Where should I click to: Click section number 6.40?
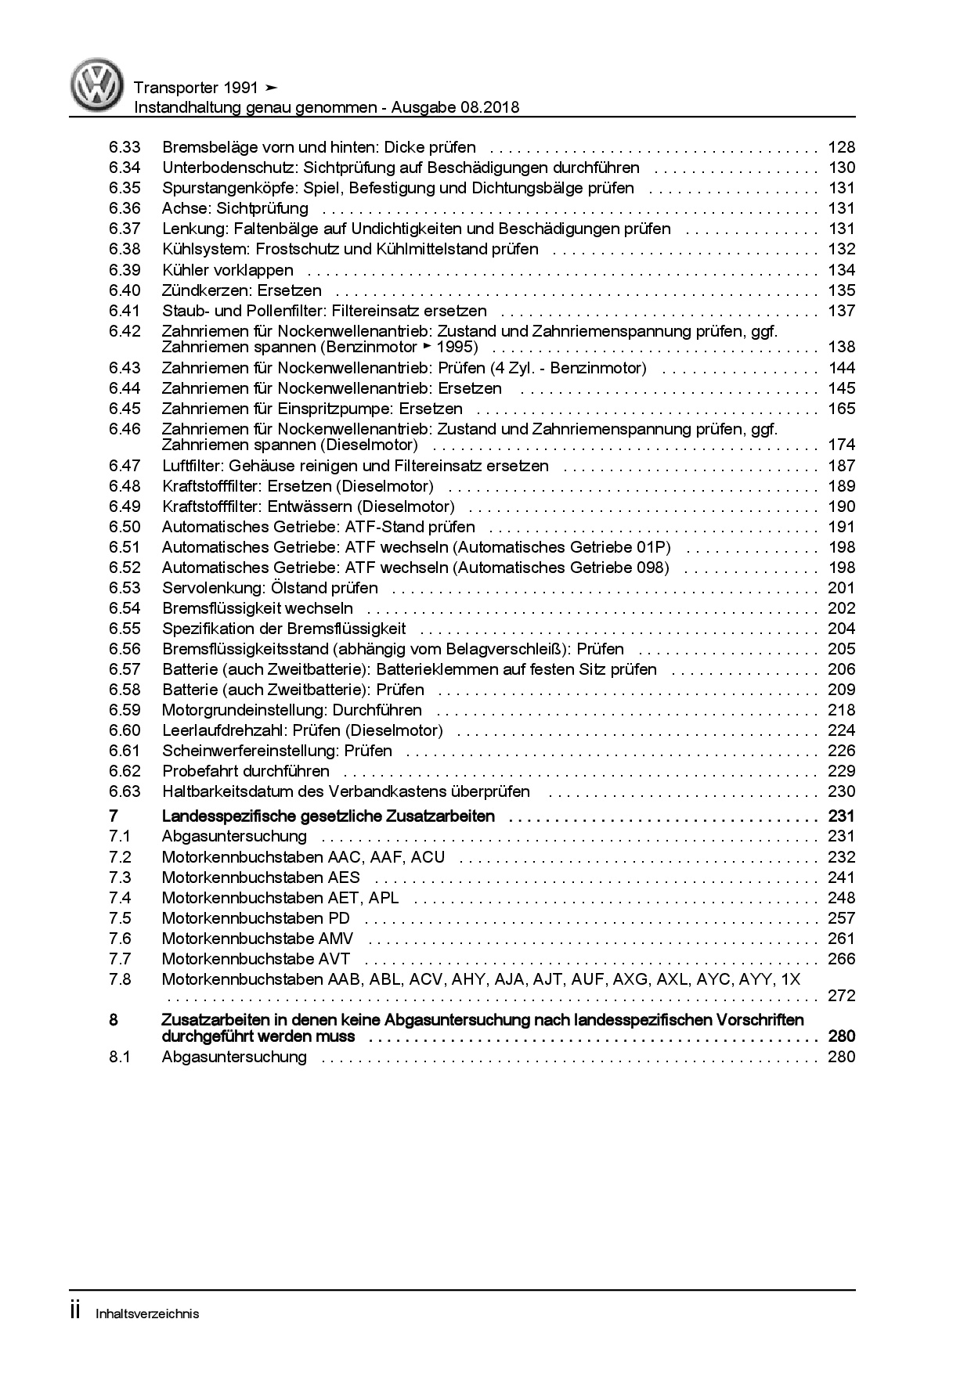tap(125, 290)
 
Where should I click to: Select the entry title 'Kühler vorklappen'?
tap(227, 270)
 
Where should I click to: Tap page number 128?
tap(841, 147)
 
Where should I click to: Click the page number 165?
tap(841, 409)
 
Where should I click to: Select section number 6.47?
tap(125, 466)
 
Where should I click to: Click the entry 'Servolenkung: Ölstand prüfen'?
tap(269, 588)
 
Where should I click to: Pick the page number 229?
tap(841, 771)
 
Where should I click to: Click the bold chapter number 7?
tap(114, 816)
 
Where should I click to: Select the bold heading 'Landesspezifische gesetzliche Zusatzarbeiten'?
tap(328, 816)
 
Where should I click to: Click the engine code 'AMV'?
tap(336, 939)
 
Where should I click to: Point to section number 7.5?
tap(121, 918)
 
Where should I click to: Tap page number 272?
tap(841, 996)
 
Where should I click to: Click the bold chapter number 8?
tap(114, 1020)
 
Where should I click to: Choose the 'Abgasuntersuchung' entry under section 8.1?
tap(234, 1057)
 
